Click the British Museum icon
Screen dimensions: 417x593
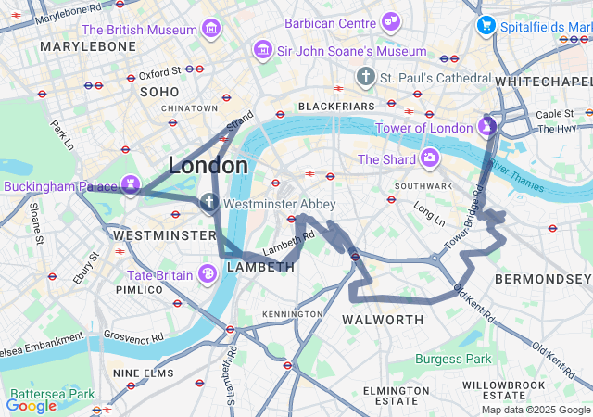click(x=212, y=30)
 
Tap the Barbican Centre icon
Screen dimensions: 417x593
click(x=391, y=21)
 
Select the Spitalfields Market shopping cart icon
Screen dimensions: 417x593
click(x=485, y=25)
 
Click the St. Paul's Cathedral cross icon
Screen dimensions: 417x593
click(x=366, y=76)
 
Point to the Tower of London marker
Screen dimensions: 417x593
click(x=487, y=125)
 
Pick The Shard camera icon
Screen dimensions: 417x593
click(x=429, y=158)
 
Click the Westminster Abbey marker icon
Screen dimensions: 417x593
click(x=209, y=202)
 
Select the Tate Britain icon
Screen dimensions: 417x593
click(x=208, y=273)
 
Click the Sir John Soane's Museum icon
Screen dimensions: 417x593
click(x=264, y=50)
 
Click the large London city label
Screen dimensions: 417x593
click(x=208, y=166)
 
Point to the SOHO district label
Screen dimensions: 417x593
click(x=158, y=92)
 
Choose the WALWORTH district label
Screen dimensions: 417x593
click(x=383, y=320)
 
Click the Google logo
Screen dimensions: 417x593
click(x=31, y=405)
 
